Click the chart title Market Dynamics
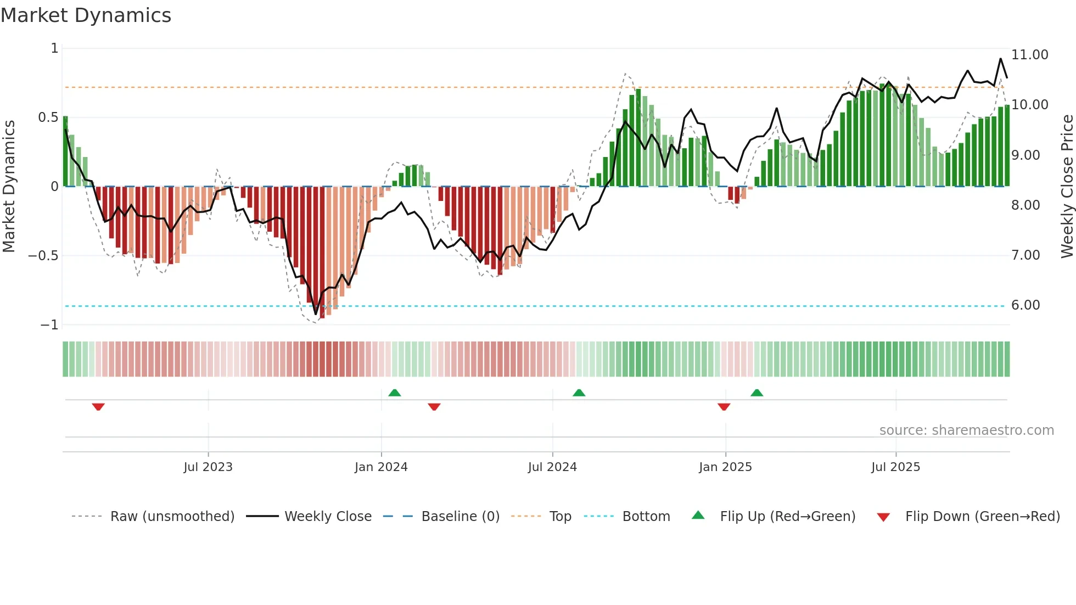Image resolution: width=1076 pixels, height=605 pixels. (x=86, y=15)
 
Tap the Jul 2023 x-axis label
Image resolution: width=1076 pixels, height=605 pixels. (x=208, y=467)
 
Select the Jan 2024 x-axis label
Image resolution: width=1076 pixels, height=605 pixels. (x=381, y=467)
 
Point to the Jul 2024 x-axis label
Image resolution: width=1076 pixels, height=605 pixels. (x=552, y=467)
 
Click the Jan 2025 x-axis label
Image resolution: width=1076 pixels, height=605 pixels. (x=725, y=467)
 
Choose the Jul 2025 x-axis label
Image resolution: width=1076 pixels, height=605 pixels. (x=895, y=467)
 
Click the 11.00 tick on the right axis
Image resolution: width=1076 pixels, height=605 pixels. (x=1029, y=55)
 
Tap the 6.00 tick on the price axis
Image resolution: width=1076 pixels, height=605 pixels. (x=1025, y=305)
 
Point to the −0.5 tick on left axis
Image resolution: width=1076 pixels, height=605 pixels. (x=43, y=256)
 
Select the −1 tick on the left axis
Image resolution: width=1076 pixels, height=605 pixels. (x=49, y=325)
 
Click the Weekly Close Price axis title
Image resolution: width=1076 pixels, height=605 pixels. (x=1067, y=186)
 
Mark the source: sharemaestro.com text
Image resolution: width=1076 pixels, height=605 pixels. (x=966, y=430)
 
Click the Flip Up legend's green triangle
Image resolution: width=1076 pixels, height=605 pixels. (x=698, y=515)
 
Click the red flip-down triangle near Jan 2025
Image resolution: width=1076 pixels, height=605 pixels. (x=724, y=407)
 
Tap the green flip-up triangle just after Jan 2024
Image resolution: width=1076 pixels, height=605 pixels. (x=394, y=393)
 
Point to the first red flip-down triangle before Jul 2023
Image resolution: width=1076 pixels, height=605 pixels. (x=98, y=407)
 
